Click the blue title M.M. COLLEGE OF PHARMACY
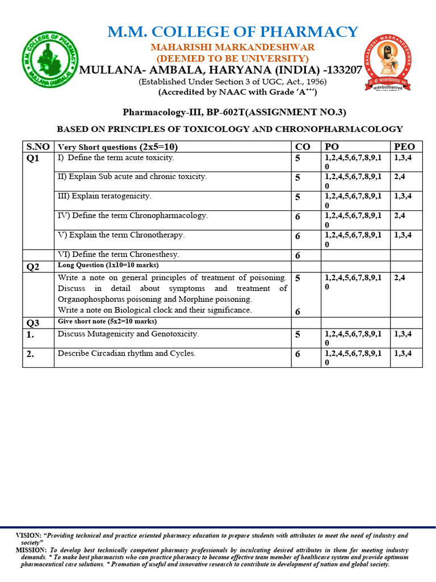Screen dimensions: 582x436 (233, 32)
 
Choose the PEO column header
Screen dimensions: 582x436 (405, 147)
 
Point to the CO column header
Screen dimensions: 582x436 (303, 147)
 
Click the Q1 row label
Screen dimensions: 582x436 (33, 159)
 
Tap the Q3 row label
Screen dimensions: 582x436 (33, 323)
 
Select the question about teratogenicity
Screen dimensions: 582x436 (104, 196)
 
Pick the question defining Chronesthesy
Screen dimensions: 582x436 (118, 255)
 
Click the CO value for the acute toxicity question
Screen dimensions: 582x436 (297, 159)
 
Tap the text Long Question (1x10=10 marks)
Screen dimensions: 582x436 (108, 265)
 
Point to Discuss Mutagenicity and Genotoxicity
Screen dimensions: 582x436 (128, 334)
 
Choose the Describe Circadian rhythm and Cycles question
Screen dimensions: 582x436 (127, 354)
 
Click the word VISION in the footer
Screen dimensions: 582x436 (28, 536)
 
